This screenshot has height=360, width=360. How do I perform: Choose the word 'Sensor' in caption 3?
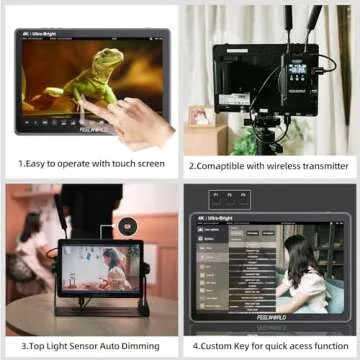pyautogui.click(x=84, y=343)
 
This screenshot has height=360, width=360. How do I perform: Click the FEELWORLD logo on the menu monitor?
pyautogui.click(x=268, y=313)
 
